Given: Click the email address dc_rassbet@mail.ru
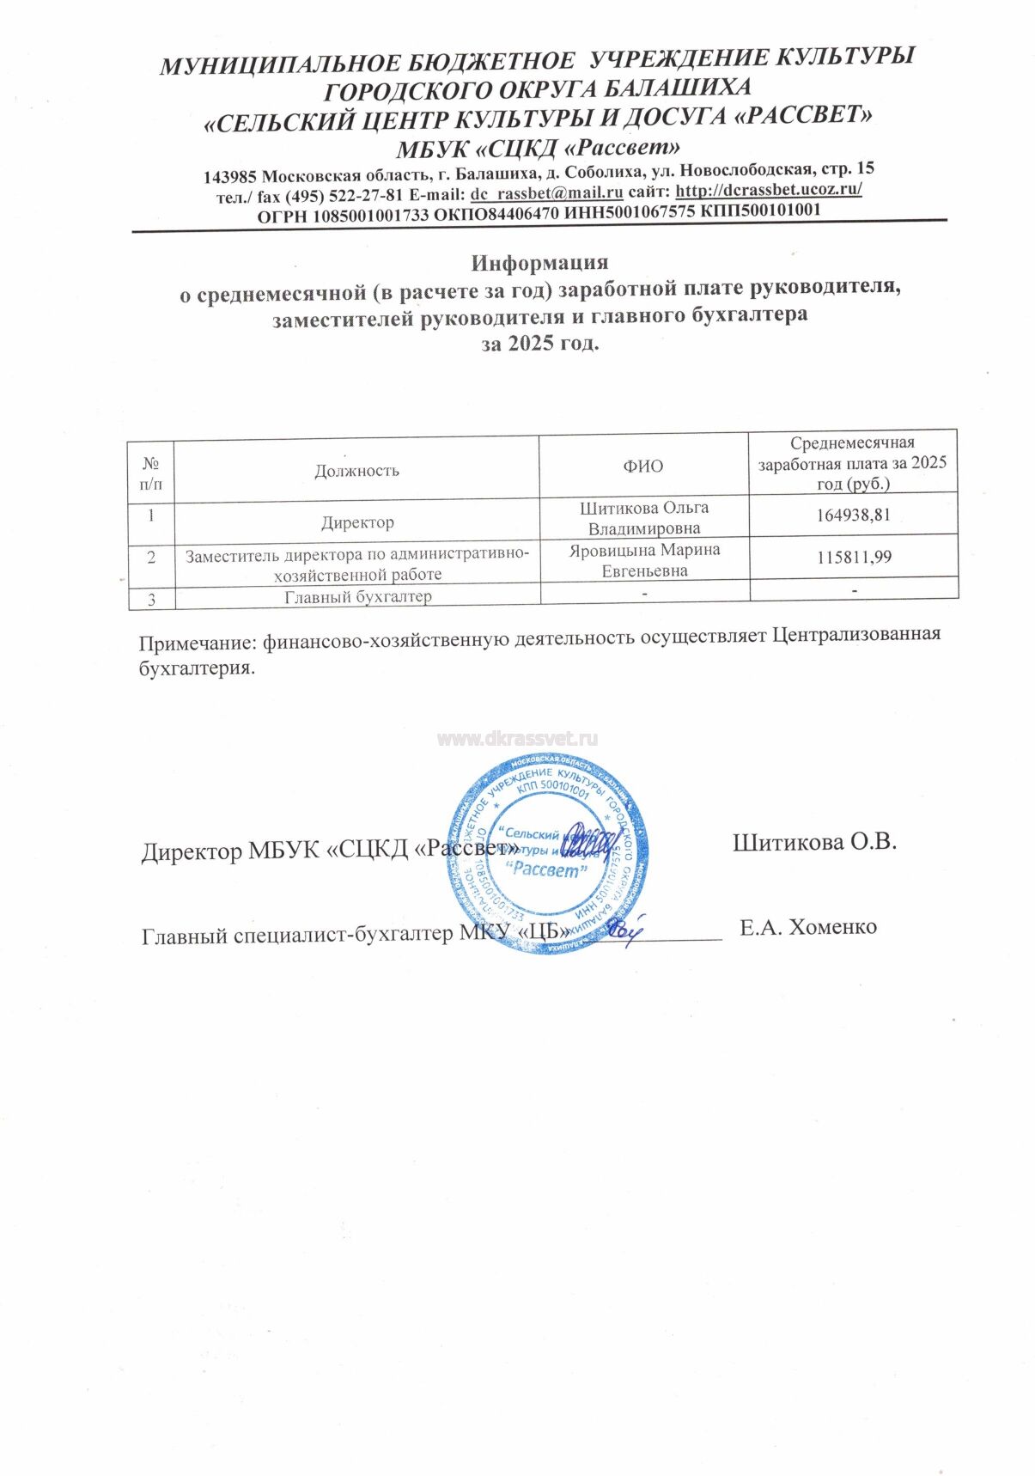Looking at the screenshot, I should (x=546, y=193).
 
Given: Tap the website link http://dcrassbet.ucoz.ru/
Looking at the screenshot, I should (x=768, y=190).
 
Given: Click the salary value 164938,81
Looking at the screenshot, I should (x=853, y=515).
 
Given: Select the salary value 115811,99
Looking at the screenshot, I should (x=853, y=558).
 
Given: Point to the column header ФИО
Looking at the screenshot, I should (x=643, y=467).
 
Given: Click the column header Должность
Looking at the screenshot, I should (x=356, y=471).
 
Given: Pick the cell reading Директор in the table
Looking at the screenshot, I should (x=357, y=522).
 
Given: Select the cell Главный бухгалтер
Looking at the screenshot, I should (x=357, y=597).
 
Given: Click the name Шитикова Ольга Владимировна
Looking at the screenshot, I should (x=644, y=518).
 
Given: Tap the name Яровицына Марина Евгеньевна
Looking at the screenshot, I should (x=644, y=560).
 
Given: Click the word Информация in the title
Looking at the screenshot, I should (x=539, y=263).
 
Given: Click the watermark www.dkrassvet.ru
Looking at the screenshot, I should (x=517, y=739).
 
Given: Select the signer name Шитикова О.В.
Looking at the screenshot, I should (x=814, y=842).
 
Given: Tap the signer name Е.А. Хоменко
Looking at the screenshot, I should (x=807, y=927).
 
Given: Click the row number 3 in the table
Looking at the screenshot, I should (x=151, y=600).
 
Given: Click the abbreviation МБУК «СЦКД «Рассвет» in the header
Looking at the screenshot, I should (x=538, y=147).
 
